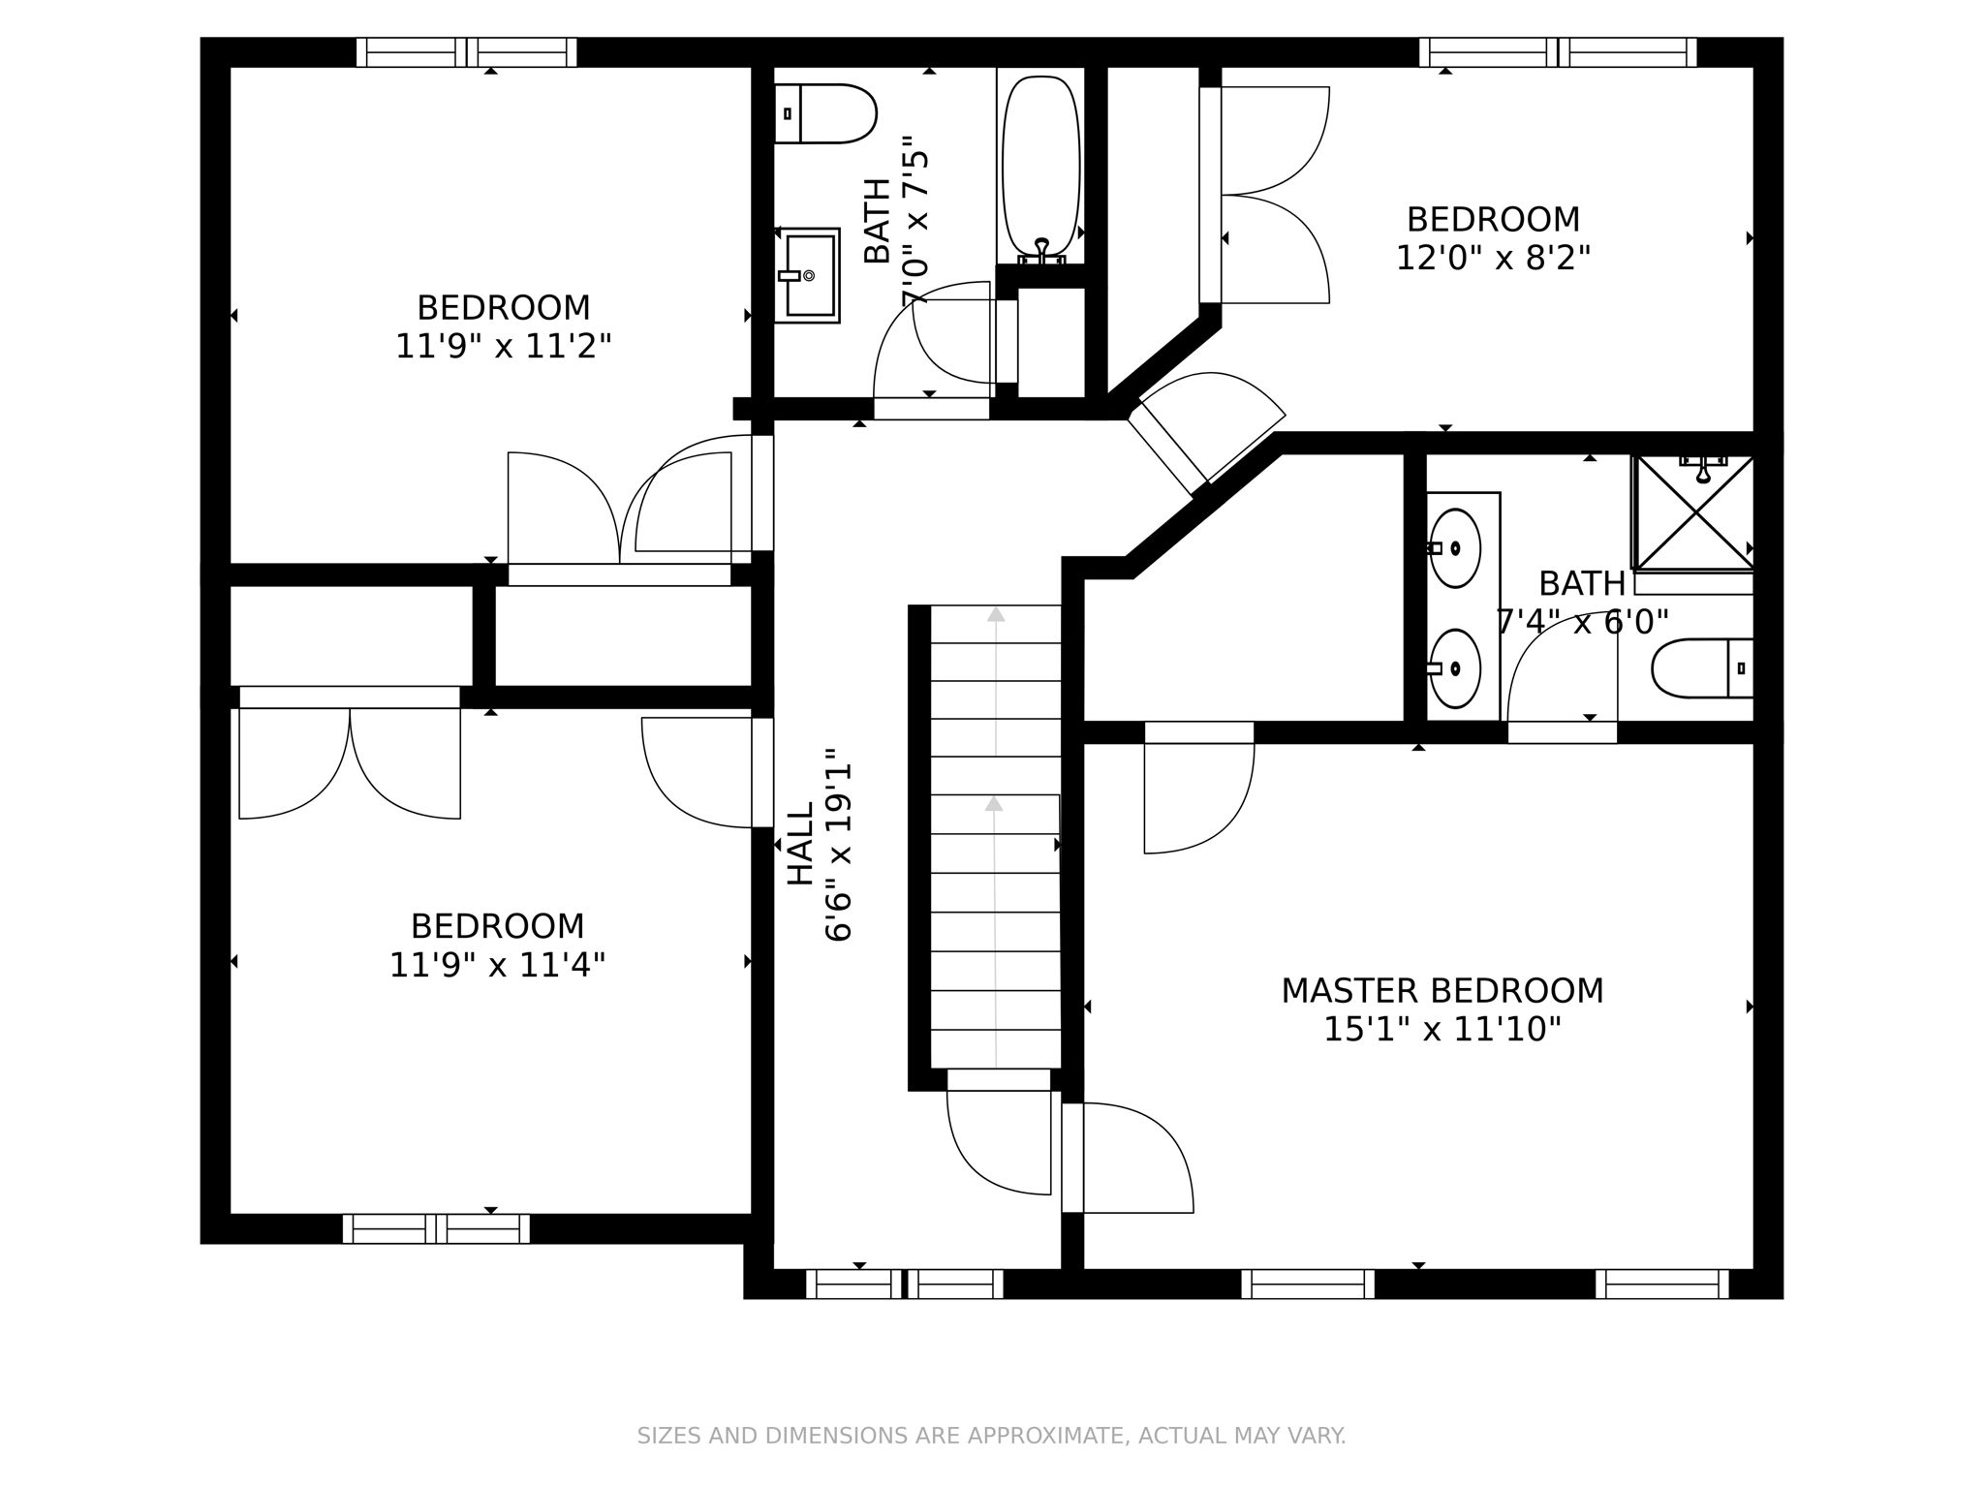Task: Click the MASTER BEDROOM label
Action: point(1442,991)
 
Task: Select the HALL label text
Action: point(800,844)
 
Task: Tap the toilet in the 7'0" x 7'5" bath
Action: point(825,113)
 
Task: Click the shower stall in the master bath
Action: point(1693,512)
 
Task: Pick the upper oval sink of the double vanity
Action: point(1454,548)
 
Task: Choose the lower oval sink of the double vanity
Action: point(1454,668)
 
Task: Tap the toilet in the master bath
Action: point(1702,668)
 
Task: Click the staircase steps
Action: point(996,836)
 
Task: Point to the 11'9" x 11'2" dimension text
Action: point(504,347)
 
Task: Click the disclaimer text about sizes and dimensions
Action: point(991,1436)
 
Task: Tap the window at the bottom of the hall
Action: point(905,1284)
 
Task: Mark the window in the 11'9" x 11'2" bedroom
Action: point(467,52)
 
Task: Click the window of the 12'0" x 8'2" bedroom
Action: point(1558,52)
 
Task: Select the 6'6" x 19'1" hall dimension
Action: point(839,844)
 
